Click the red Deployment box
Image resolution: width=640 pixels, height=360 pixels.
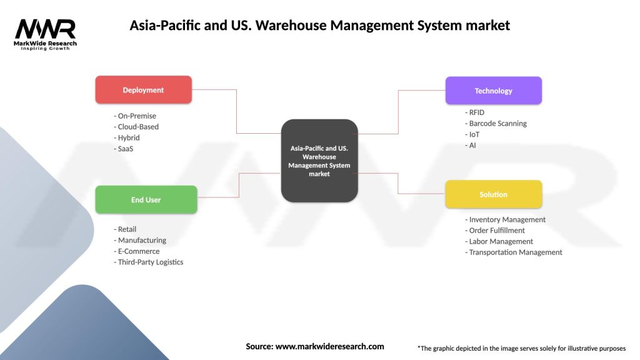(x=143, y=90)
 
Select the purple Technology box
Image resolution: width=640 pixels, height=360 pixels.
(x=493, y=91)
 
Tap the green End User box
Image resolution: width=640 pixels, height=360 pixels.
(x=146, y=200)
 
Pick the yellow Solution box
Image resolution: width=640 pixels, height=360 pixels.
(x=493, y=194)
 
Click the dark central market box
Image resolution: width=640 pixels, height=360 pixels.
(x=319, y=161)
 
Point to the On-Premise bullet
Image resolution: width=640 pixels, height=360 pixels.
(x=135, y=116)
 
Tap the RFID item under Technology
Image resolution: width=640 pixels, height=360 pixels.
(x=475, y=112)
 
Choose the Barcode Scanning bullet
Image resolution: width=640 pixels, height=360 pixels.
(x=496, y=124)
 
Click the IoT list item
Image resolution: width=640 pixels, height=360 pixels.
(x=472, y=134)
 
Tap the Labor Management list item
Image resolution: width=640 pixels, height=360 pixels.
(x=499, y=241)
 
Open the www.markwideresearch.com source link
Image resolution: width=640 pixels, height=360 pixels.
(x=329, y=346)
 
